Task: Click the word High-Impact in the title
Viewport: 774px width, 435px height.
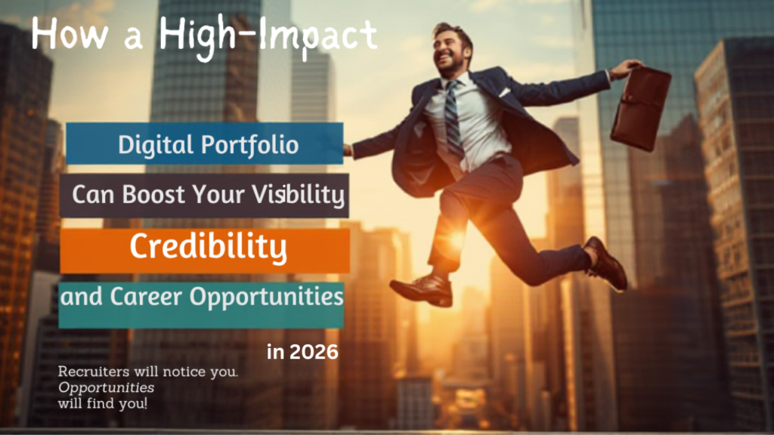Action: click(x=268, y=35)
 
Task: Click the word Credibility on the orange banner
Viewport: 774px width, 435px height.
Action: click(x=208, y=247)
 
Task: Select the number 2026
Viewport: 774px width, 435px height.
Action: click(x=312, y=352)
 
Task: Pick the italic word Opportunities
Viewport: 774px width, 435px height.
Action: click(x=107, y=387)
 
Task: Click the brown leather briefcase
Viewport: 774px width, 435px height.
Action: click(x=639, y=109)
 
